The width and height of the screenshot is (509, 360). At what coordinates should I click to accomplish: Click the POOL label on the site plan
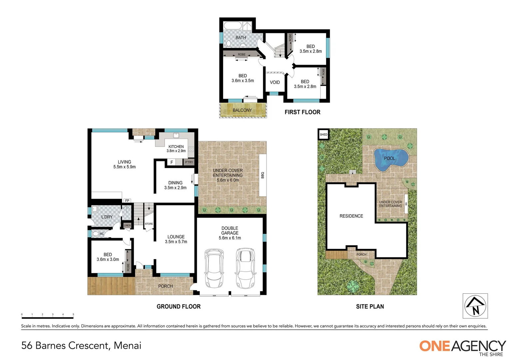[x=389, y=158]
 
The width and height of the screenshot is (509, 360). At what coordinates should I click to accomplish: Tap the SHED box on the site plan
[x=323, y=135]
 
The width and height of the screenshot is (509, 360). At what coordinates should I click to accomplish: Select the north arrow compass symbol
[x=475, y=306]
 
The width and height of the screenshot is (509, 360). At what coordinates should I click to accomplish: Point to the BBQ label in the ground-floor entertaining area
[x=262, y=175]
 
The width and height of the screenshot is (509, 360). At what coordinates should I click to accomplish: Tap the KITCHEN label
[x=176, y=147]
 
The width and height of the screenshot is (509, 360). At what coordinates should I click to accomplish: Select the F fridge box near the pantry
[x=172, y=162]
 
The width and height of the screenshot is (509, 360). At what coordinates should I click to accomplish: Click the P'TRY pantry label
[x=189, y=162]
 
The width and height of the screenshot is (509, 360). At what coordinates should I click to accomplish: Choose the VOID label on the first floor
[x=275, y=82]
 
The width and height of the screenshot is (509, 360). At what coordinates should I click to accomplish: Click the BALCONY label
[x=242, y=110]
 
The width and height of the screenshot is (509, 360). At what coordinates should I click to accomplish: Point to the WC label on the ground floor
[x=101, y=234]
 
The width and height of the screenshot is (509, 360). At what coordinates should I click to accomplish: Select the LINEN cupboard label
[x=127, y=226]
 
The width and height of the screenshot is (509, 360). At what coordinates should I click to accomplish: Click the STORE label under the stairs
[x=149, y=224]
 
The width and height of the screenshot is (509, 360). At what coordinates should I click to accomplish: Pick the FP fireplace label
[x=127, y=201]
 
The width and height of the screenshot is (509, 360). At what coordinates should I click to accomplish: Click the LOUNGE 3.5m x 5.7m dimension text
[x=176, y=242]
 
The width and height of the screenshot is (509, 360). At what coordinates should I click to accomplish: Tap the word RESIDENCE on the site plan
[x=351, y=216]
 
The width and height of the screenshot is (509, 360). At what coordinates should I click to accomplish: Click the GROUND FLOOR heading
[x=179, y=306]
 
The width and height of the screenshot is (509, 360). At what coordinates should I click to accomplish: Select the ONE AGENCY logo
[x=462, y=347]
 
